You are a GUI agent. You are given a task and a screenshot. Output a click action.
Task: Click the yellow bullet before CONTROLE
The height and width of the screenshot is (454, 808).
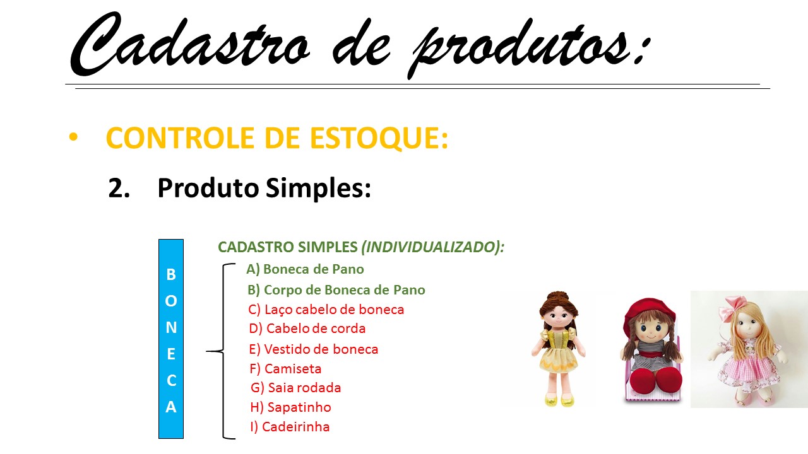[x=73, y=137]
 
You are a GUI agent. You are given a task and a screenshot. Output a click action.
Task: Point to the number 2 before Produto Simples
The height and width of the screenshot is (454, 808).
[x=116, y=188]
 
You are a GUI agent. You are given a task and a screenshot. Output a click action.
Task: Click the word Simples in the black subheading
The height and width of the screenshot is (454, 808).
[x=318, y=189]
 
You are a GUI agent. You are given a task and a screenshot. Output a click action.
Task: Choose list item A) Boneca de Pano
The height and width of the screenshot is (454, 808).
[x=305, y=269]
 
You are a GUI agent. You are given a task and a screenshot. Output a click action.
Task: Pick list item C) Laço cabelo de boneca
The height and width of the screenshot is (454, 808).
[x=326, y=310]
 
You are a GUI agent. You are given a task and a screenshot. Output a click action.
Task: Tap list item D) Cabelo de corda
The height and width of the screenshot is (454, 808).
[x=307, y=329]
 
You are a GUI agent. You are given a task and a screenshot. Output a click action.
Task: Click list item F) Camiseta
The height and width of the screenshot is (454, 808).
[x=285, y=369]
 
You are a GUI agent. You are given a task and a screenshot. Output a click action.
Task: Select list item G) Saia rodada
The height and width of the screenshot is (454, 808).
[x=296, y=388]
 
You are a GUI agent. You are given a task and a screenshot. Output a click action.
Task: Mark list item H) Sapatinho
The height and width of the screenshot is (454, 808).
[x=290, y=407]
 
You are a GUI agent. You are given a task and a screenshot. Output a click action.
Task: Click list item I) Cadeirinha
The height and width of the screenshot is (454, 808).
[x=290, y=427]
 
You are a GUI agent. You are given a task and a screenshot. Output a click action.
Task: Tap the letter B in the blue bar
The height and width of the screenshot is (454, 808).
[x=171, y=274]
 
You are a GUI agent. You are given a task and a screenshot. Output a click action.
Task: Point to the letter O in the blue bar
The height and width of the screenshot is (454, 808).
[x=171, y=301]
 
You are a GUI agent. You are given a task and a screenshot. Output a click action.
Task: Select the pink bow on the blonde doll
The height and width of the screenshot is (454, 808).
[x=732, y=306]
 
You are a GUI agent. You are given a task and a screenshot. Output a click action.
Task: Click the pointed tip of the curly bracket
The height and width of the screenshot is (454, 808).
[x=206, y=351]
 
